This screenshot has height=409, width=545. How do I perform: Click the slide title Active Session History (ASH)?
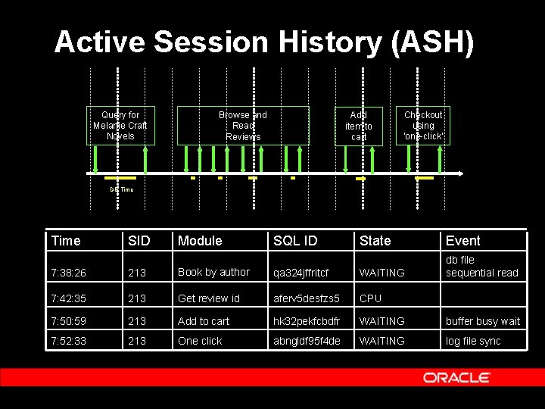tap(264, 42)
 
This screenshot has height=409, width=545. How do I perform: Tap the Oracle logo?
tap(456, 377)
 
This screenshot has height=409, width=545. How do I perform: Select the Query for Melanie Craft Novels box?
tap(120, 126)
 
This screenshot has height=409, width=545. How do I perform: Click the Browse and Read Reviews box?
tap(243, 126)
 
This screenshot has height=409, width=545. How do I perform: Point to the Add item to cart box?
tap(359, 126)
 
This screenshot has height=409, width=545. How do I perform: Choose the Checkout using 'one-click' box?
tap(423, 126)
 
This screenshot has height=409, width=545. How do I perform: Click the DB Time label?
tap(121, 189)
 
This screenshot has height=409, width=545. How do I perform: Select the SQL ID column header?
tap(295, 241)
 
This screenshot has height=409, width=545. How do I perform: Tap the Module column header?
tap(200, 241)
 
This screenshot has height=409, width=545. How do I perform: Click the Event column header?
tap(462, 241)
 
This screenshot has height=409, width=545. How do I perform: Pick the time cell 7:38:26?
tap(69, 273)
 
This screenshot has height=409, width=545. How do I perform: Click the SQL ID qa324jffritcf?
tap(301, 273)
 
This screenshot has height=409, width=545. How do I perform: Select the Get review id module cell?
tap(208, 298)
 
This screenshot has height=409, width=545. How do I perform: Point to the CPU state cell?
tap(371, 298)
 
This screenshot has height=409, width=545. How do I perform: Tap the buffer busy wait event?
tap(483, 321)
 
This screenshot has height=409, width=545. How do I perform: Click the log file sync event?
tap(473, 341)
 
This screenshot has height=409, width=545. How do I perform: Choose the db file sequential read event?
tap(481, 266)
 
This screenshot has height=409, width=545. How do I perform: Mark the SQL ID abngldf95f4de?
tap(307, 341)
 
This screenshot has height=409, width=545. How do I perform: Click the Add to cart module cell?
tap(204, 321)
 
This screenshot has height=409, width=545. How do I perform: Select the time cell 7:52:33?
tap(69, 341)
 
